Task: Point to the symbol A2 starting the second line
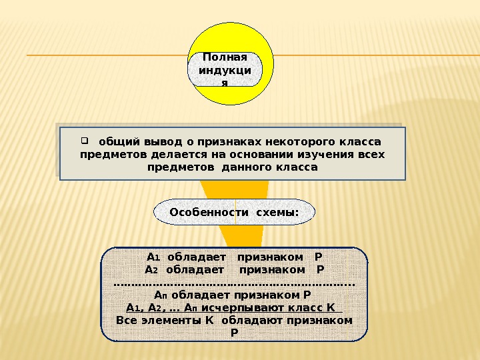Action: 151,270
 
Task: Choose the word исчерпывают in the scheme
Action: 244,307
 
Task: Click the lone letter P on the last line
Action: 233,332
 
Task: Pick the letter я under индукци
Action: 225,83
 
